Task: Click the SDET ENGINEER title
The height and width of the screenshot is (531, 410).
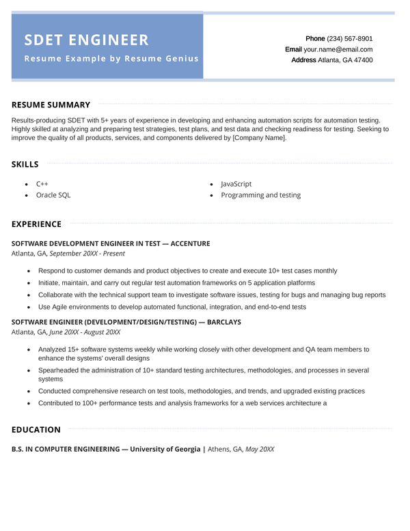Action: pyautogui.click(x=86, y=40)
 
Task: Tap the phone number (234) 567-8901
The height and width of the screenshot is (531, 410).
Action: pyautogui.click(x=350, y=39)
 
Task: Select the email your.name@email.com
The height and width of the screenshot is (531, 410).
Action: pyautogui.click(x=338, y=50)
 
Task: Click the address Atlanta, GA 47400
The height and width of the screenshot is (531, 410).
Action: pyautogui.click(x=346, y=60)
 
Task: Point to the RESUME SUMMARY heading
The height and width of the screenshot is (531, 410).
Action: pyautogui.click(x=51, y=105)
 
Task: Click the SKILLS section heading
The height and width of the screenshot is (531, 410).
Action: pyautogui.click(x=25, y=164)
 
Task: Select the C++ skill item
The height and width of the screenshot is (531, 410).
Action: pyautogui.click(x=42, y=184)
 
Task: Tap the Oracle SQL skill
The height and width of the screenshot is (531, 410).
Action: pyautogui.click(x=53, y=195)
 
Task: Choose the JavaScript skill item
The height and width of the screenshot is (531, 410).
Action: pyautogui.click(x=236, y=184)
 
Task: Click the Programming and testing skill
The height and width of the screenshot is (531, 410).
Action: pyautogui.click(x=260, y=195)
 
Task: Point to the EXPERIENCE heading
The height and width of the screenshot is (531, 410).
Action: pyautogui.click(x=36, y=224)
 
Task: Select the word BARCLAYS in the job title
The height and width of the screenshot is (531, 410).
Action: pyautogui.click(x=224, y=322)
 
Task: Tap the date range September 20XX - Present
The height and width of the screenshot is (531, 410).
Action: pyautogui.click(x=78, y=254)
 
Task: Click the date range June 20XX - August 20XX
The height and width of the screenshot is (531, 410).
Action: pyautogui.click(x=85, y=332)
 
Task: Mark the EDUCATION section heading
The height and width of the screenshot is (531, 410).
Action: pyautogui.click(x=36, y=430)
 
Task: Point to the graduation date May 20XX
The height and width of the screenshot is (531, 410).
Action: pyautogui.click(x=260, y=449)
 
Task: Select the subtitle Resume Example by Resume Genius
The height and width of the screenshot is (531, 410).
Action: pyautogui.click(x=111, y=59)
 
